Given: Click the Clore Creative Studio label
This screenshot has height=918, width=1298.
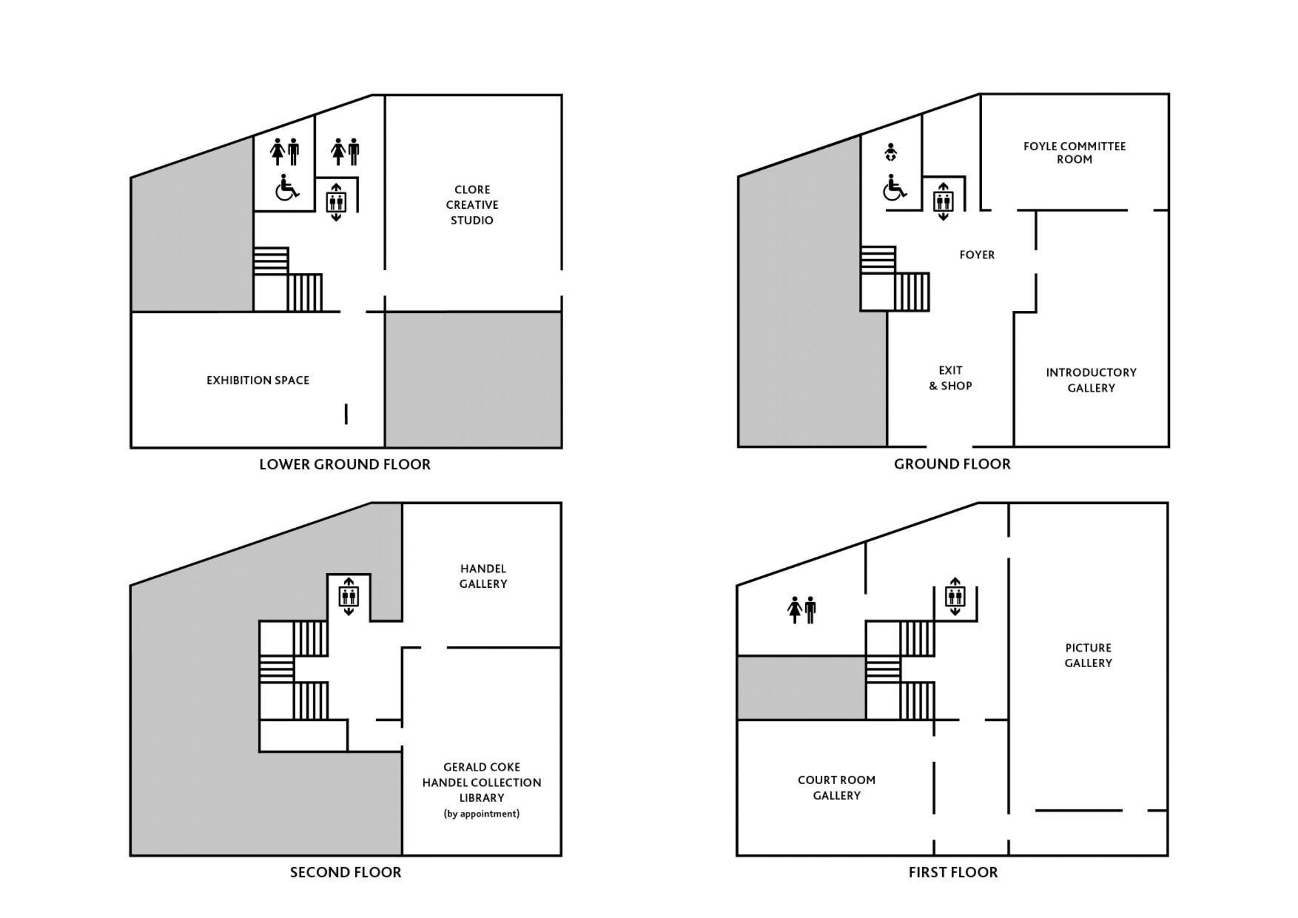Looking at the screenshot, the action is click(x=472, y=205).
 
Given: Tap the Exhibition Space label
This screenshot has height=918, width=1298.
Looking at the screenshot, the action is click(x=258, y=380).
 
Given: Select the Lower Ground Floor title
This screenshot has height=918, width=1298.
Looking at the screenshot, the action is click(x=345, y=465).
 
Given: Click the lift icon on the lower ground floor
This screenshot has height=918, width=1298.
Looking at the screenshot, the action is click(x=336, y=202).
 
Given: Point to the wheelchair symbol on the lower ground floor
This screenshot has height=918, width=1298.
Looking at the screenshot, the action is click(x=286, y=187).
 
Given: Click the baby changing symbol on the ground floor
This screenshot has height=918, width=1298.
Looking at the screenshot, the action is click(x=891, y=152).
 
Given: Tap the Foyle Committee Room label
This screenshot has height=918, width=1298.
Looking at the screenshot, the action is click(x=1075, y=153).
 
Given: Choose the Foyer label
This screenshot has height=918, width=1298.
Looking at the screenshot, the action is click(x=977, y=255).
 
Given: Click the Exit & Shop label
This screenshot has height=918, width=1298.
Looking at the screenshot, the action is click(x=950, y=378).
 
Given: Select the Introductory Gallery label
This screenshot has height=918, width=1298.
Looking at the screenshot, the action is click(x=1091, y=380).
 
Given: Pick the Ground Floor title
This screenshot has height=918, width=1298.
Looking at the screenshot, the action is click(x=952, y=464).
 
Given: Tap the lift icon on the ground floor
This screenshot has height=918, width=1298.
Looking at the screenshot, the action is click(x=943, y=201).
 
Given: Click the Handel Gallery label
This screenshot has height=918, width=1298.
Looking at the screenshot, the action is click(x=483, y=576).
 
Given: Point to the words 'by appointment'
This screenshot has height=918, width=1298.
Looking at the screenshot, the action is click(x=482, y=814).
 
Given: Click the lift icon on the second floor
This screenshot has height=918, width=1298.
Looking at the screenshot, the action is click(x=349, y=596).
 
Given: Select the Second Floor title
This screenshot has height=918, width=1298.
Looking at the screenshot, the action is click(x=345, y=872).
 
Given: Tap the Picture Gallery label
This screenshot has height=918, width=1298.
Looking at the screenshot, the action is click(x=1088, y=655).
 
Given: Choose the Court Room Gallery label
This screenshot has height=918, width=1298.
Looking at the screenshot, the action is click(x=837, y=788).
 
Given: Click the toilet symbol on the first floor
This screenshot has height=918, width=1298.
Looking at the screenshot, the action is click(x=802, y=610).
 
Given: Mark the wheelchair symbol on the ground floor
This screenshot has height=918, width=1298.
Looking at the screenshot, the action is click(x=895, y=187).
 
